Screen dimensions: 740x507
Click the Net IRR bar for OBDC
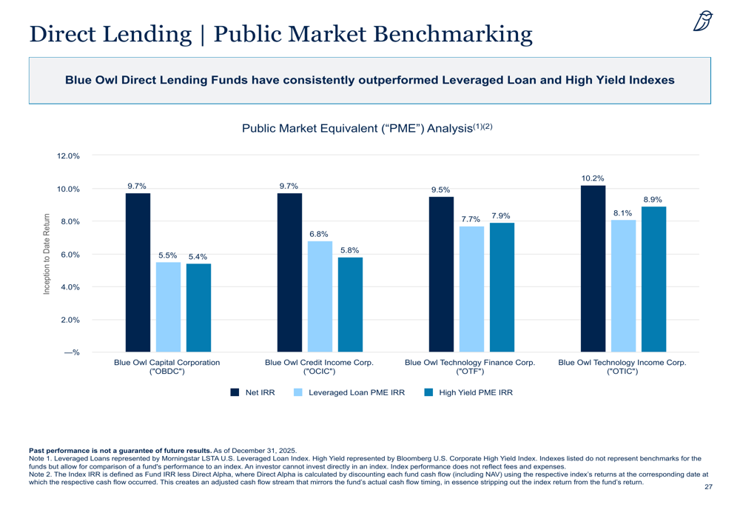click(138, 272)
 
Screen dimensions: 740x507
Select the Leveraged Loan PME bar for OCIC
click(320, 297)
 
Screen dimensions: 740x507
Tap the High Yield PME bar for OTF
click(502, 287)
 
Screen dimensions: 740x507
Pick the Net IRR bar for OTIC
click(593, 269)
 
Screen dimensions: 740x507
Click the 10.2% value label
click(593, 178)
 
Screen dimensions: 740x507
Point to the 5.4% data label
click(198, 257)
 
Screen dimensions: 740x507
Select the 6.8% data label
click(319, 234)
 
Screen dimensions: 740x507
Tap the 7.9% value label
click(501, 215)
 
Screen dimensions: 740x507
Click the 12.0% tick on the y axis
click(68, 155)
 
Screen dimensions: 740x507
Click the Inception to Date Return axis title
click(46, 254)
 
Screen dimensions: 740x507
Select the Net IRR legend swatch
click(235, 392)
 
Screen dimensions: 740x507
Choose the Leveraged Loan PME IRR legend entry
click(349, 392)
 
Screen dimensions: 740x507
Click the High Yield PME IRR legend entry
click(468, 392)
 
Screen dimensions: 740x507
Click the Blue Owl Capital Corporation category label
click(167, 367)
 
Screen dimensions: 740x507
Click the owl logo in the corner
click(703, 21)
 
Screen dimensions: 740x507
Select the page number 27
click(708, 487)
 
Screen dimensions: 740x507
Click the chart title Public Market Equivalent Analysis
click(367, 128)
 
